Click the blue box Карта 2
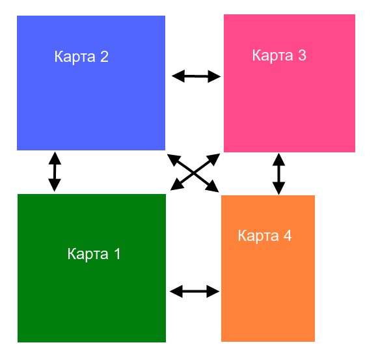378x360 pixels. click(91, 83)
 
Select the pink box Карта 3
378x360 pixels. click(290, 83)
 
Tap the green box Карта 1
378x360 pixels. click(92, 268)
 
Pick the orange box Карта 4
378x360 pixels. click(268, 268)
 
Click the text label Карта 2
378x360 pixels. click(81, 57)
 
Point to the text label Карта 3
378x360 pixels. click(279, 55)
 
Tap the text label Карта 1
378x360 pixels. click(94, 254)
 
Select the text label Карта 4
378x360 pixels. click(265, 236)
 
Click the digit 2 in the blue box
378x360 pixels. click(104, 57)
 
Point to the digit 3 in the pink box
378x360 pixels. click(302, 55)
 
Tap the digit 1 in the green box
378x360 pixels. click(117, 254)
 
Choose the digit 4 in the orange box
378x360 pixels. click(288, 235)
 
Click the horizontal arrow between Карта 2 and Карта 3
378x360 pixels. click(196, 76)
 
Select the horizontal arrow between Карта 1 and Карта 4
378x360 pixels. click(195, 292)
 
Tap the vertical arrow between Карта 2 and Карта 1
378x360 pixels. click(55, 172)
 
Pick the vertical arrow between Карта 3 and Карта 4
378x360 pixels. click(279, 174)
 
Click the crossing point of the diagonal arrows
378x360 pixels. click(194, 173)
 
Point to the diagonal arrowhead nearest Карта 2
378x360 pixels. click(174, 159)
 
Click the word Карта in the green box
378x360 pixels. click(88, 255)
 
